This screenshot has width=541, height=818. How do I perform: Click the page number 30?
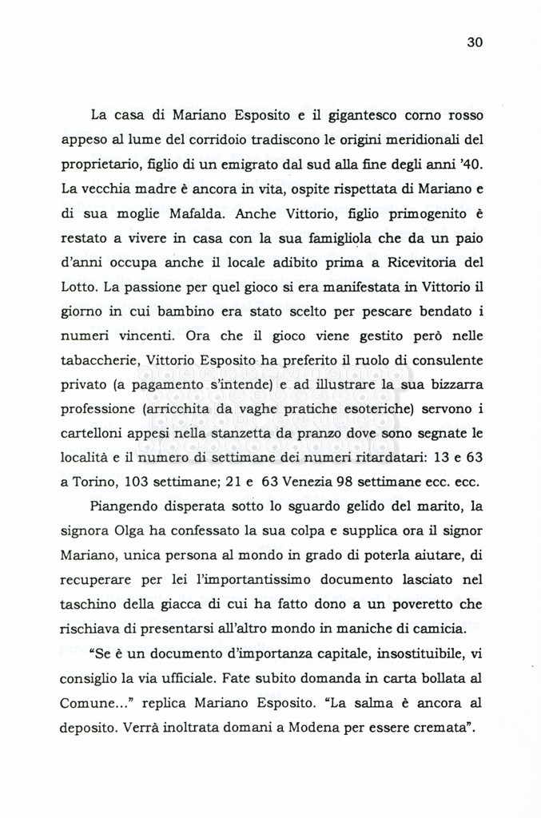click(x=475, y=42)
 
